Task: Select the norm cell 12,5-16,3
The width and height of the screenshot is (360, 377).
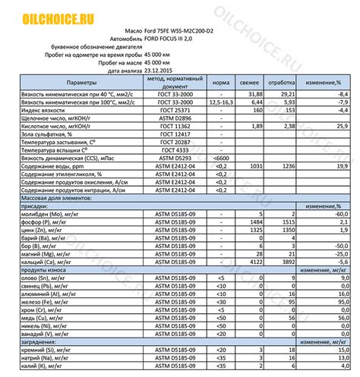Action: pos(220,102)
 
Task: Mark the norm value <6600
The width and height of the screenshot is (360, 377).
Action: pos(220,159)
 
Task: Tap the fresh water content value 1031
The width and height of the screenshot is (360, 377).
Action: pos(256,166)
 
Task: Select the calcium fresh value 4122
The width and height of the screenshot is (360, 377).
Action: pos(256,263)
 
